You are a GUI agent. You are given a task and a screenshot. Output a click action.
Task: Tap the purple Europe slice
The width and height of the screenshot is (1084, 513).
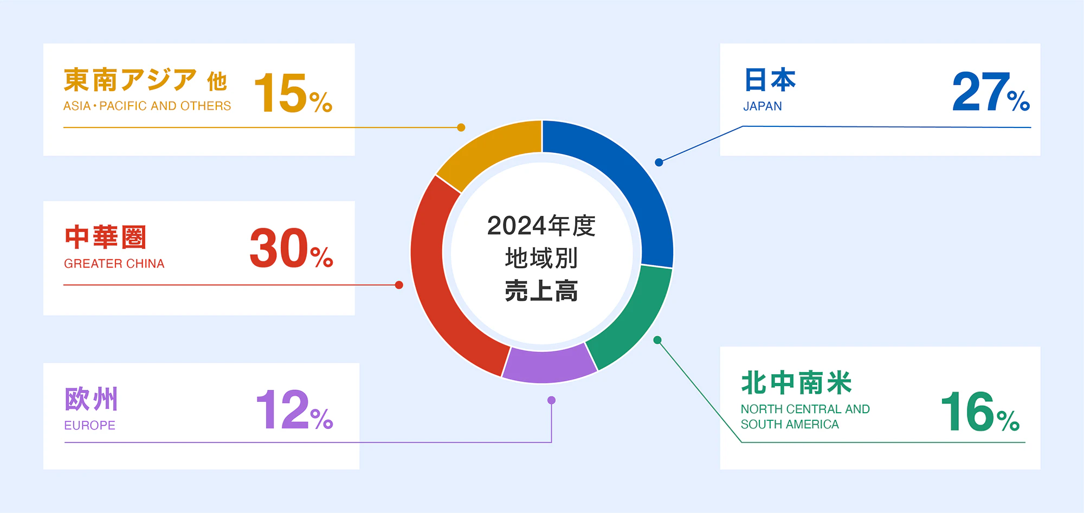click(x=549, y=364)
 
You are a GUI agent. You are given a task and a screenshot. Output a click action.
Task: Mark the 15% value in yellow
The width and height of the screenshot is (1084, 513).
click(x=293, y=93)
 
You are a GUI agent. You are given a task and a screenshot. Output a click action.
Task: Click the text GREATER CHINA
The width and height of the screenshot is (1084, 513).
click(x=114, y=264)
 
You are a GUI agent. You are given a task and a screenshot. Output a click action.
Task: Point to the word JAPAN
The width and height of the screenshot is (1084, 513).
click(x=762, y=106)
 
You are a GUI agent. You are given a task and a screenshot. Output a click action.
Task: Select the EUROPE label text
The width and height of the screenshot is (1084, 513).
click(x=89, y=426)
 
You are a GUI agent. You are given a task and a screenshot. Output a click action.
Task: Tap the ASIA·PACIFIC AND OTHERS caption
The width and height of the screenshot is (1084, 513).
click(x=147, y=106)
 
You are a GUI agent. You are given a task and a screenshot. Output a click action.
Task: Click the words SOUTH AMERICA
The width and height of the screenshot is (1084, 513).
click(x=790, y=425)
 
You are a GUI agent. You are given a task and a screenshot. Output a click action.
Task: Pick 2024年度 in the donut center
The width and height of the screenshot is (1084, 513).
click(x=541, y=226)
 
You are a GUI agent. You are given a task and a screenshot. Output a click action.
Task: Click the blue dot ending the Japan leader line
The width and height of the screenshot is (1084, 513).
click(x=659, y=162)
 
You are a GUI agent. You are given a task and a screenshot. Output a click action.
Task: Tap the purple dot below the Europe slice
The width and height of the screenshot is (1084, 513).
click(x=551, y=400)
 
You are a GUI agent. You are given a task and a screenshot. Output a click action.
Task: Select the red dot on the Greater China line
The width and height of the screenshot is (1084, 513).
click(x=399, y=285)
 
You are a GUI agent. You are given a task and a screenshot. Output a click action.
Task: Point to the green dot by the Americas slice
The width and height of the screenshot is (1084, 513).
click(x=657, y=340)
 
